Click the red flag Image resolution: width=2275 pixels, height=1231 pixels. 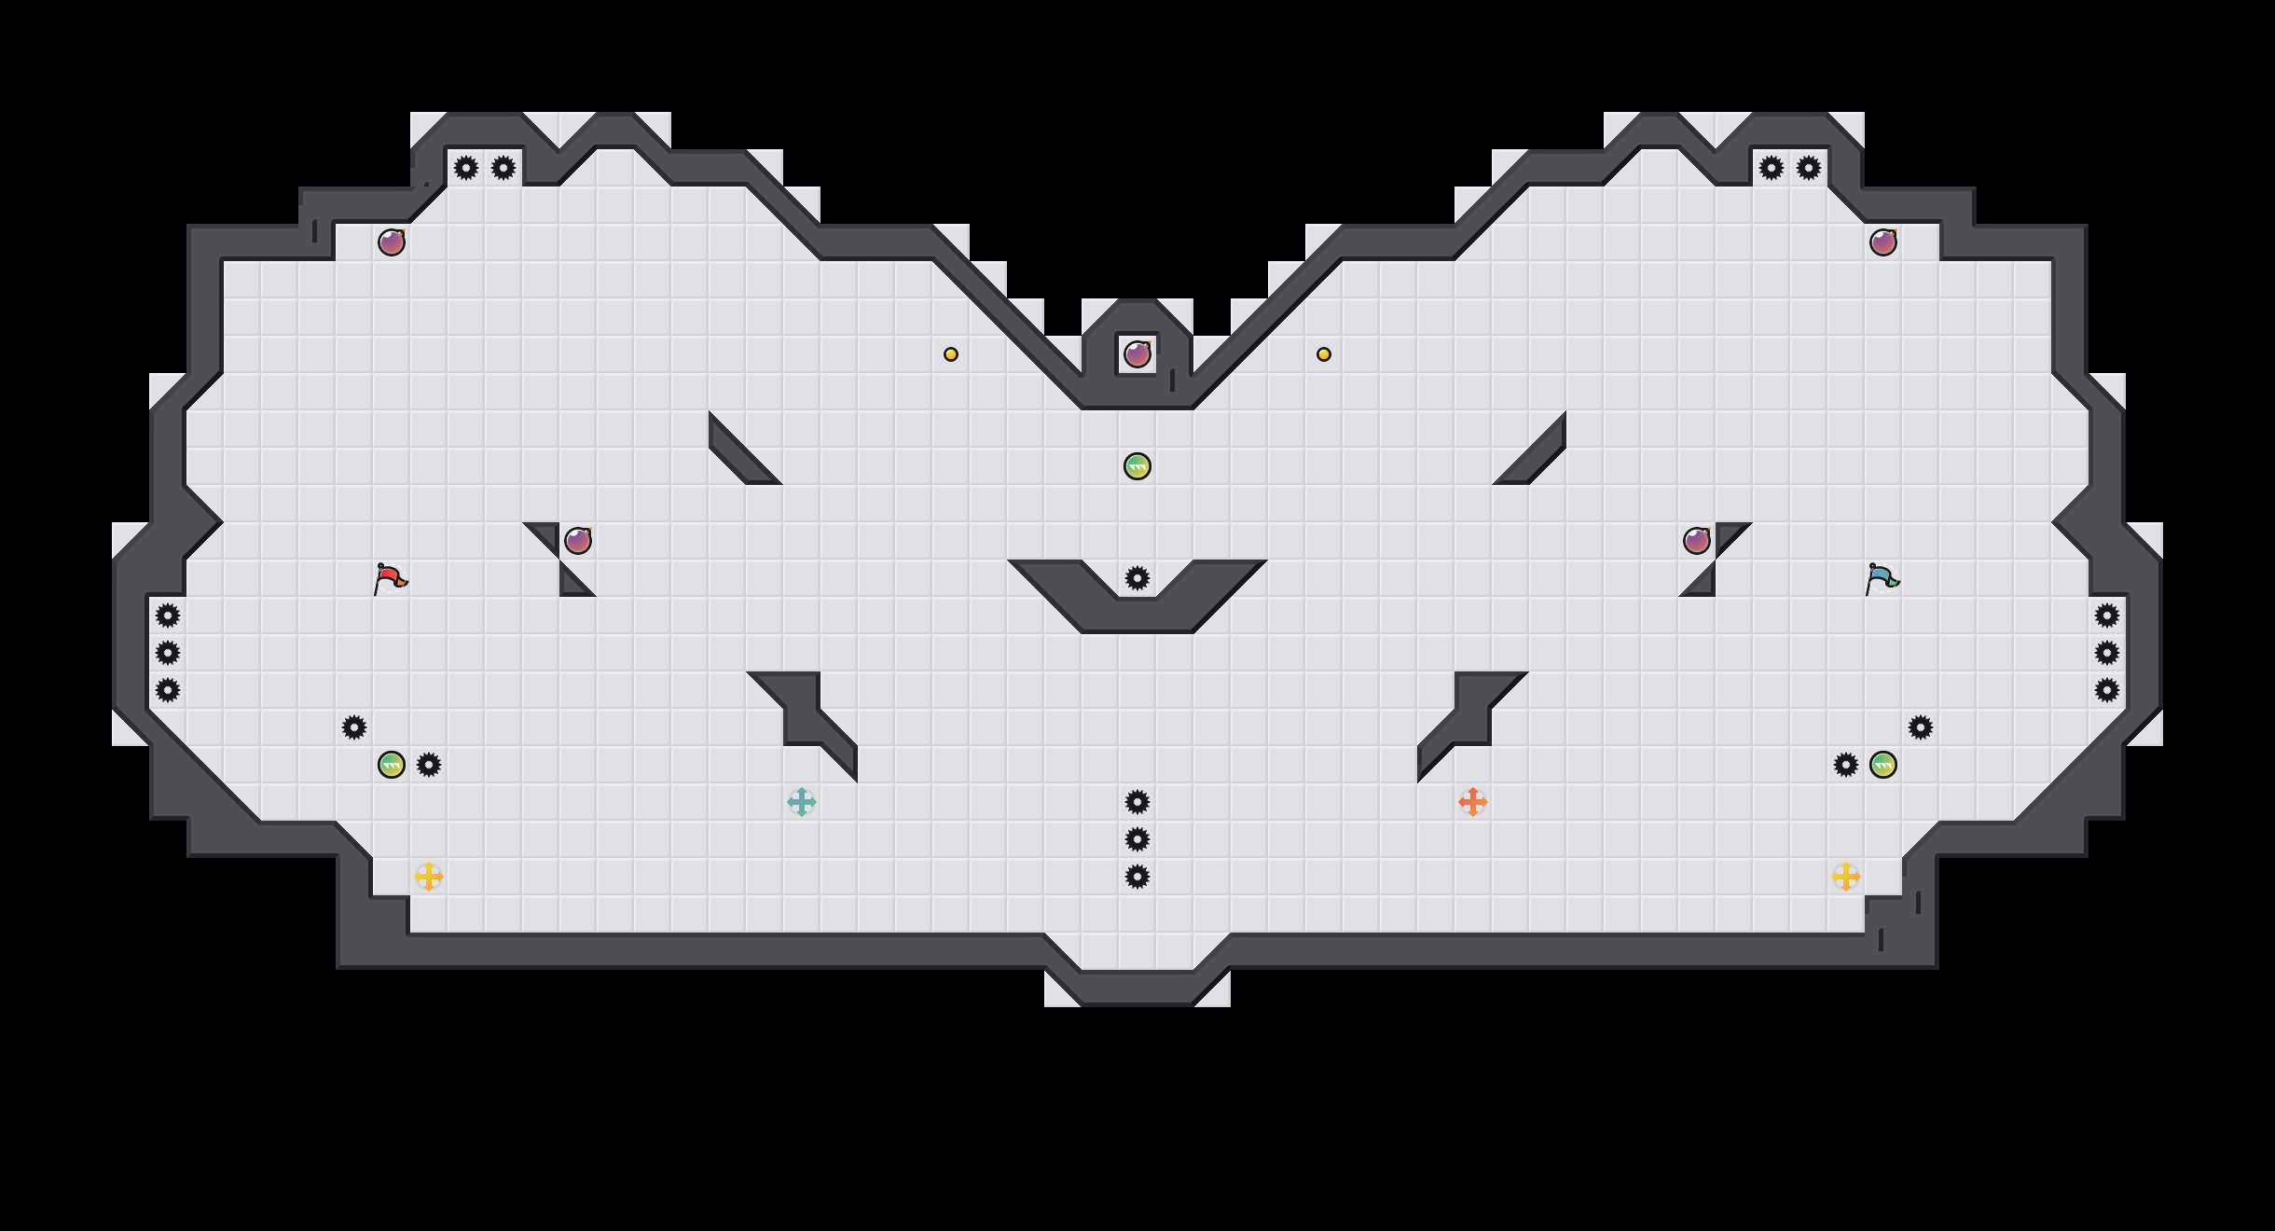tap(390, 578)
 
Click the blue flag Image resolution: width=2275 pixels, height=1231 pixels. tap(1882, 578)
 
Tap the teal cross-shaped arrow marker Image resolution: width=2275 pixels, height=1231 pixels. tap(802, 802)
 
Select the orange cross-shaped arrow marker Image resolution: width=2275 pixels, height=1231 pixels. tap(1473, 802)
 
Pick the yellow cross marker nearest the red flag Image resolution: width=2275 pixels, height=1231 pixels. tap(429, 877)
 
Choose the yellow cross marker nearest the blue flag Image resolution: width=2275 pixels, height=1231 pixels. tap(1846, 877)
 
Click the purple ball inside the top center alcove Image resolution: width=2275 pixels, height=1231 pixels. tap(1137, 354)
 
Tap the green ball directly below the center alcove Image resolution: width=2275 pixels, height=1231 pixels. tap(1137, 466)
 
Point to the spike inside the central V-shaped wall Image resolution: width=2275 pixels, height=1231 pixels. tap(1137, 578)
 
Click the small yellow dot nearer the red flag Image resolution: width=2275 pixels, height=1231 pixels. tap(951, 354)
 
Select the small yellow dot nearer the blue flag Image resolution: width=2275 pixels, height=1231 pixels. tap(1324, 354)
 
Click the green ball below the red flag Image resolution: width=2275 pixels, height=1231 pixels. tap(392, 765)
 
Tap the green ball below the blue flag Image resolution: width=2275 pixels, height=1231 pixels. tap(1883, 765)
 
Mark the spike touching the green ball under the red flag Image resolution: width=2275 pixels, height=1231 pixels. tap(429, 765)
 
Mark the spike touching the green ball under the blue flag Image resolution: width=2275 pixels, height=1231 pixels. tap(1846, 765)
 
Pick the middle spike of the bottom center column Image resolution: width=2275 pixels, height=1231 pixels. tap(1137, 839)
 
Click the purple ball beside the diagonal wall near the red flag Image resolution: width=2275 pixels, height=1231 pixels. tap(578, 541)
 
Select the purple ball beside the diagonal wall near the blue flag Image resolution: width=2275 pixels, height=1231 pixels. tap(1697, 541)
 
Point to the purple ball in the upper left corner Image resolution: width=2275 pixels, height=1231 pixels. tap(392, 242)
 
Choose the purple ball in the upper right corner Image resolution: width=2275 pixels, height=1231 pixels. tap(1883, 242)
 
